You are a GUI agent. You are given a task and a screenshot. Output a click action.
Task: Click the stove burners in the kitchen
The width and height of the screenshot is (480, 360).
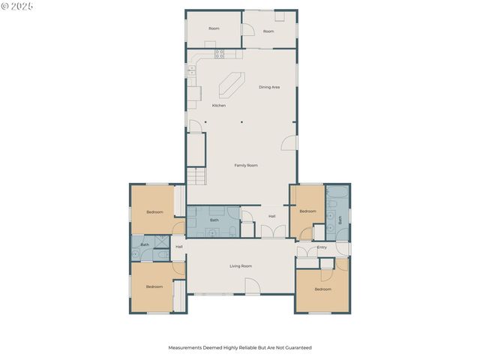220,53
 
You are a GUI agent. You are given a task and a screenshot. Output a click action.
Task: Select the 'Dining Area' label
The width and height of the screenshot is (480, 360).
269,87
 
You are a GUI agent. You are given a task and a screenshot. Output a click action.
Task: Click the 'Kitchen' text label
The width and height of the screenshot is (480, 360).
218,105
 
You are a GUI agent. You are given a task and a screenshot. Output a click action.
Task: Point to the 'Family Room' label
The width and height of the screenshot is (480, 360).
246,165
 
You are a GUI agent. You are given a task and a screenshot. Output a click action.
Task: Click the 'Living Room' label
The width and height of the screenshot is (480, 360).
240,266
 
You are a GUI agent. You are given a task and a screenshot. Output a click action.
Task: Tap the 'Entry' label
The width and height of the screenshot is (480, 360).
322,247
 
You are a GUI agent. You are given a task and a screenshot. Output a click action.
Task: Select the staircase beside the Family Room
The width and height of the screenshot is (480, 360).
196,177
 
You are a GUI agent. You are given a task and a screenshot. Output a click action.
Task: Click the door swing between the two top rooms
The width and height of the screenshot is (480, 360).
246,30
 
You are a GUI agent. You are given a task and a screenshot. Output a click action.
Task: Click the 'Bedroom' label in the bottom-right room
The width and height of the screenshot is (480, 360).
322,289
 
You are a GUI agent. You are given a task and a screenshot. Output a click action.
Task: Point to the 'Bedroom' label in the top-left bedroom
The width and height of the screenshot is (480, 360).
154,212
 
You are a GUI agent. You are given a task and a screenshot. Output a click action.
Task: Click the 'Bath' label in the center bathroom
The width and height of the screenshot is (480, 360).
214,220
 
